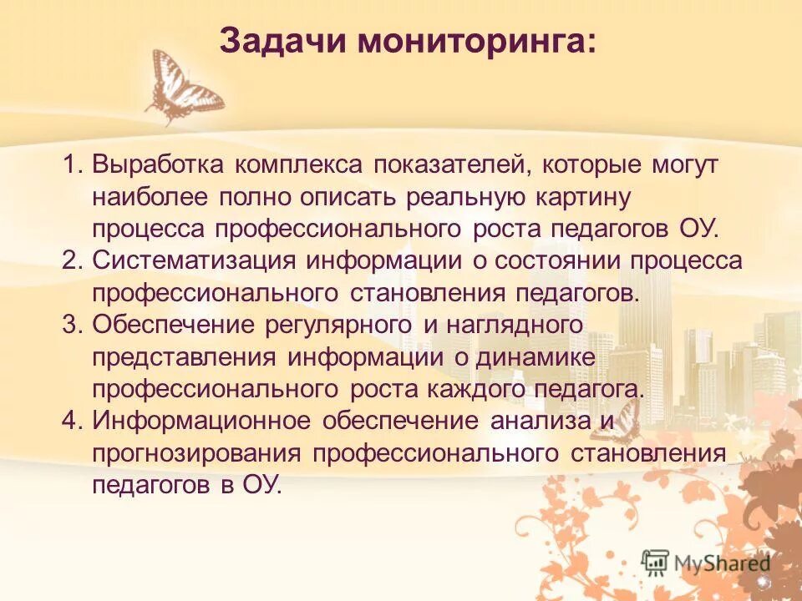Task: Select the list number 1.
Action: click(72, 164)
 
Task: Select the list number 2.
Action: click(72, 260)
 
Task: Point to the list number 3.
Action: click(72, 325)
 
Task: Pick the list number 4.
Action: click(72, 421)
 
